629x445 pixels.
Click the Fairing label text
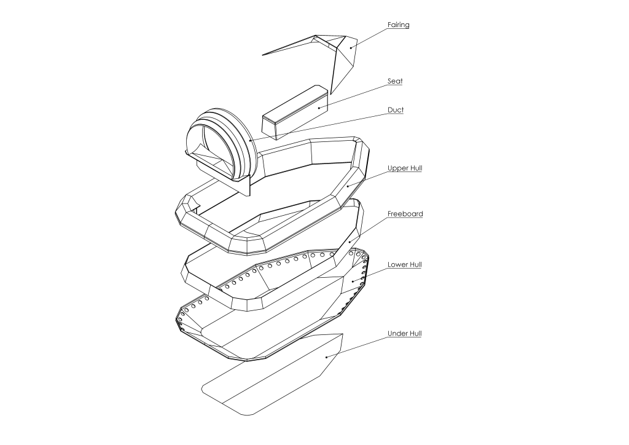point(398,25)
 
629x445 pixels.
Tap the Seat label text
point(395,81)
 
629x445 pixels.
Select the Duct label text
point(396,110)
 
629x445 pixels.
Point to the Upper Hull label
point(405,168)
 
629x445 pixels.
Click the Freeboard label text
point(405,214)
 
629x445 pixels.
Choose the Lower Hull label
point(404,265)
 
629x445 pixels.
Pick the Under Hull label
point(404,334)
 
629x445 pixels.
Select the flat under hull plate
point(273,374)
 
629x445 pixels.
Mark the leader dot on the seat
point(319,108)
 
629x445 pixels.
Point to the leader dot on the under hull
point(327,356)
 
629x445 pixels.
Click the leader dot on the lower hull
point(353,282)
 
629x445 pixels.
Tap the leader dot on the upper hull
point(348,186)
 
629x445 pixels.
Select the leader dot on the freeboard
point(350,241)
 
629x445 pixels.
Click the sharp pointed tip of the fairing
point(262,55)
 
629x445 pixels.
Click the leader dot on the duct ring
point(251,141)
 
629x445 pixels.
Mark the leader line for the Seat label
point(353,96)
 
